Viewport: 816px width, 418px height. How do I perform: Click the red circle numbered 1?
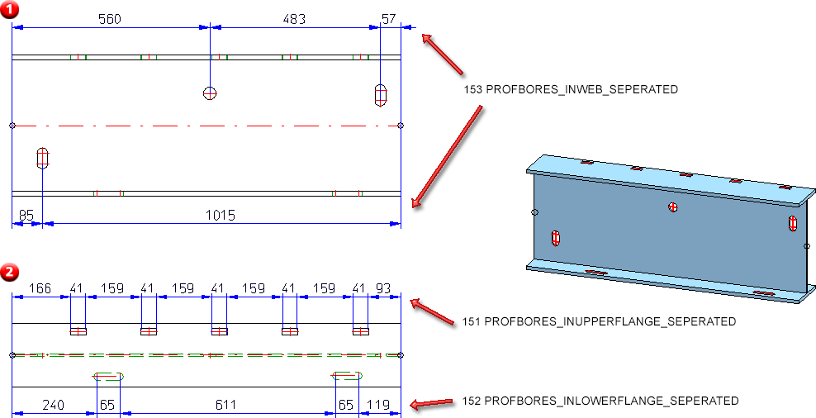click(x=9, y=9)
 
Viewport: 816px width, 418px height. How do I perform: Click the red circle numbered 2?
click(x=9, y=271)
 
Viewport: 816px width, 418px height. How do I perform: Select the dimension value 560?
click(x=109, y=19)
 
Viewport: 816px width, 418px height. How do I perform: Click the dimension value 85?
click(x=26, y=216)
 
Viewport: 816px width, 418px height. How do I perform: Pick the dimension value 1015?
click(x=221, y=216)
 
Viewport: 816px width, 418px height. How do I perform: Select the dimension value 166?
click(x=40, y=288)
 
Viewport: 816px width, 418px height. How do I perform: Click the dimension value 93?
click(x=384, y=288)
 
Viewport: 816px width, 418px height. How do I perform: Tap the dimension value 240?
click(x=54, y=405)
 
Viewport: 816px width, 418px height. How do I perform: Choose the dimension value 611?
click(x=225, y=405)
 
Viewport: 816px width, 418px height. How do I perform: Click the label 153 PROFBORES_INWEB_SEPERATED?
click(x=571, y=89)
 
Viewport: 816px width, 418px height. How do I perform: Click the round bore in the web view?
click(x=211, y=93)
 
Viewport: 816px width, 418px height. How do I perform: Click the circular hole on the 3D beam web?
click(x=674, y=207)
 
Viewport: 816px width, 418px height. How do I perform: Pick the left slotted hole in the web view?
click(x=43, y=156)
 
